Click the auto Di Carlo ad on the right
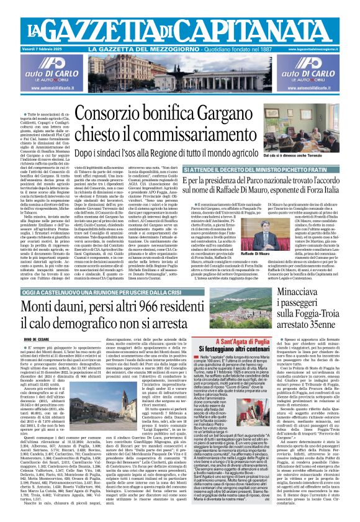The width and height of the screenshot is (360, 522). coord(316,73)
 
